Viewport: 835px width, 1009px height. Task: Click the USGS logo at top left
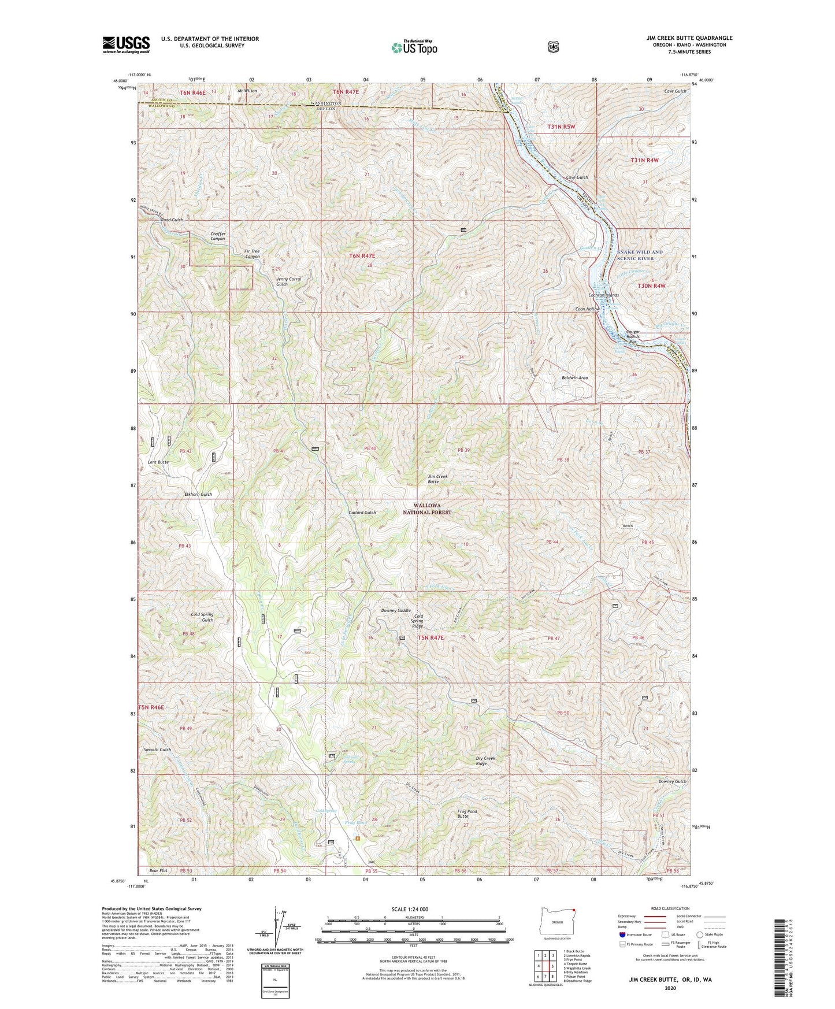[126, 44]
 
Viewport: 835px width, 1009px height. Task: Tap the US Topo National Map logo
[414, 47]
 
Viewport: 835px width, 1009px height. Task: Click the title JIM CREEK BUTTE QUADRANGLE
[689, 38]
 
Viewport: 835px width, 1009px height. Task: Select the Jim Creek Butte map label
[437, 478]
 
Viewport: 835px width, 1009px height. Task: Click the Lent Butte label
[158, 462]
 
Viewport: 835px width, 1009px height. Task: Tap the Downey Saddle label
[396, 610]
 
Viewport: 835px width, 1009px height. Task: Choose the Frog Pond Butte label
[467, 814]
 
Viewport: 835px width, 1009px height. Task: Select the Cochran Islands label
[603, 295]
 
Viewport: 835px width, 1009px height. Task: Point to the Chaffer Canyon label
[217, 236]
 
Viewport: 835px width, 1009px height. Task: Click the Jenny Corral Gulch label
[289, 281]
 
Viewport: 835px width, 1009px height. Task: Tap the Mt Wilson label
[247, 91]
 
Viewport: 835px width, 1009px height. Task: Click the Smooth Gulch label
[157, 750]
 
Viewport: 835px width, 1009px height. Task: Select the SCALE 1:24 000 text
[410, 909]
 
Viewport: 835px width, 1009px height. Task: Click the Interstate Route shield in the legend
[622, 934]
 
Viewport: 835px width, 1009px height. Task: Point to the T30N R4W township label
[651, 285]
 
